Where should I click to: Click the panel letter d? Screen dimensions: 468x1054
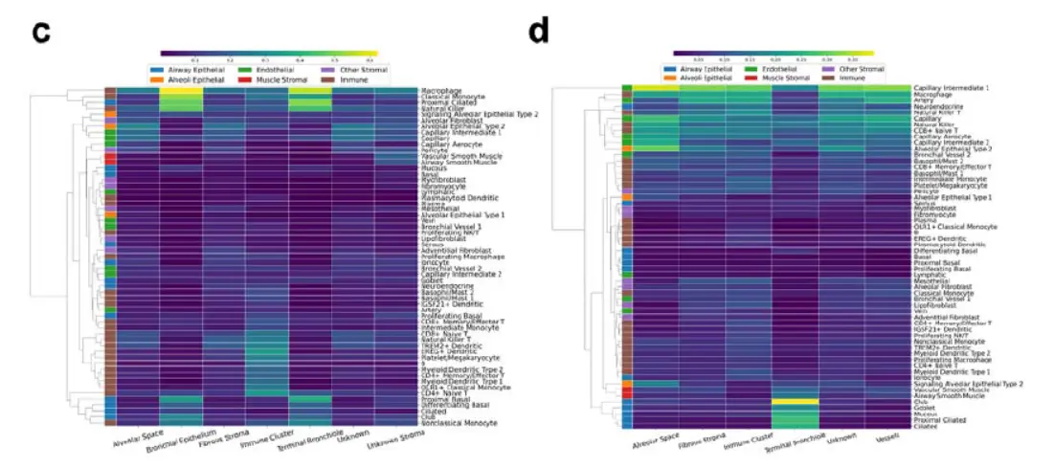[540, 33]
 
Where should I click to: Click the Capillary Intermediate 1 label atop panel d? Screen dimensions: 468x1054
[953, 88]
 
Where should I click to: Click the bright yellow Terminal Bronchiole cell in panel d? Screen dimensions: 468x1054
[796, 402]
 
